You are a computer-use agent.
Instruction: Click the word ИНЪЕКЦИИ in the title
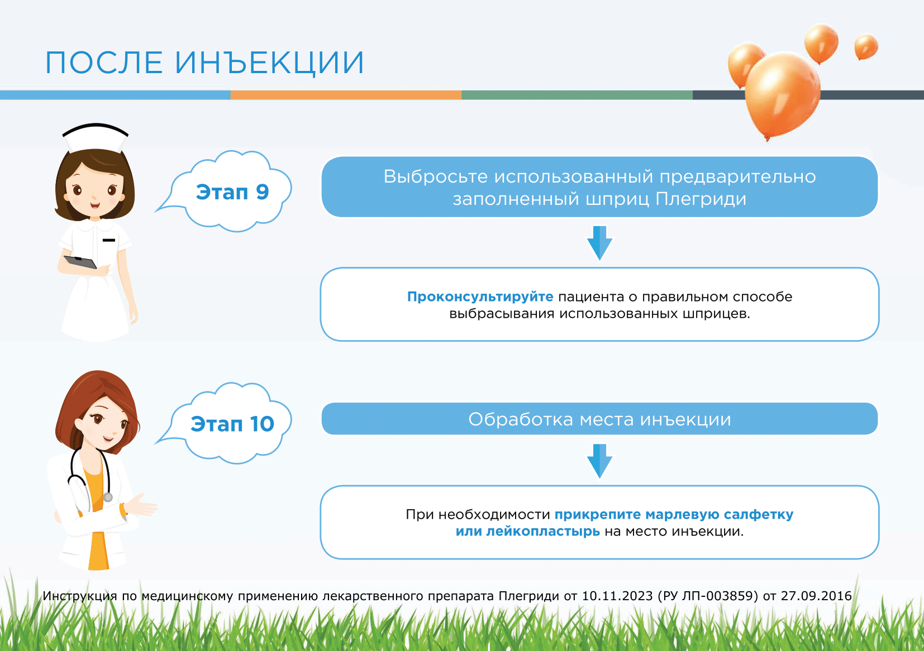[x=269, y=63]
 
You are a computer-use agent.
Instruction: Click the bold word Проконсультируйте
[x=480, y=297]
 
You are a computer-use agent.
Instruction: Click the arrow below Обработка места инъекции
[x=599, y=461]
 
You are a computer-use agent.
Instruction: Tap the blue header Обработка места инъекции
[x=599, y=419]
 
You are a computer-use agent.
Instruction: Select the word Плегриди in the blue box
[x=701, y=199]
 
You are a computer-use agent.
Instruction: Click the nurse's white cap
[x=96, y=137]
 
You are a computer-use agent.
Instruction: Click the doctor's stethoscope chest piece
[x=108, y=497]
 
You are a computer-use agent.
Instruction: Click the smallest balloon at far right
[x=866, y=46]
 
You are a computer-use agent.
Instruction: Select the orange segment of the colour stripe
[x=346, y=95]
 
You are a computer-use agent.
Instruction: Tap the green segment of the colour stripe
[x=577, y=95]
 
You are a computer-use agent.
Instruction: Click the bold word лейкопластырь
[x=543, y=532]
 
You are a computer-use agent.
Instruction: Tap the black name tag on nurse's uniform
[x=109, y=240]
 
